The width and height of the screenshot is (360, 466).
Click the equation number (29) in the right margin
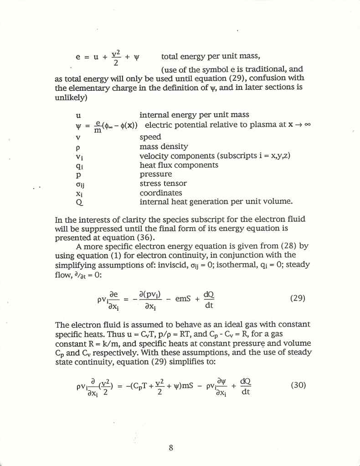point(297,299)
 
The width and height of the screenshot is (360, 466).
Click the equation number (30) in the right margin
point(298,385)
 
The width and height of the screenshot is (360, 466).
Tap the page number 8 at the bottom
point(170,447)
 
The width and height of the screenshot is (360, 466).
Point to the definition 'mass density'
point(164,147)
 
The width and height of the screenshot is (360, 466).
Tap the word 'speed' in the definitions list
point(150,137)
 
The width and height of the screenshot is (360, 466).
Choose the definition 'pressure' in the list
point(155,174)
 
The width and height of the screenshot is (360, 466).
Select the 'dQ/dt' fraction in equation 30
point(245,385)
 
